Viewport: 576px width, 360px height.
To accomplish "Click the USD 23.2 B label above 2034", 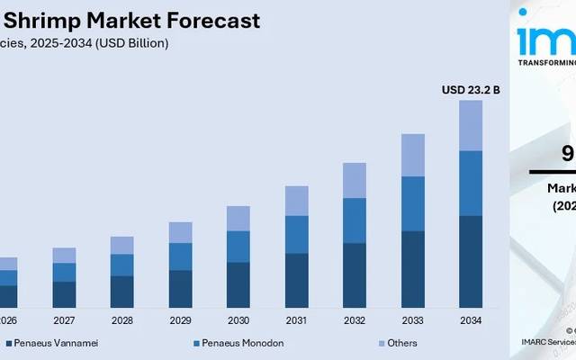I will click(x=470, y=90).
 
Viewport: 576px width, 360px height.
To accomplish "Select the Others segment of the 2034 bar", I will click(x=471, y=125).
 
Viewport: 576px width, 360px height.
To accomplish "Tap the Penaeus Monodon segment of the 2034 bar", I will click(x=471, y=184).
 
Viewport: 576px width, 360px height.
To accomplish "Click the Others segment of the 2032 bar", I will click(x=355, y=180).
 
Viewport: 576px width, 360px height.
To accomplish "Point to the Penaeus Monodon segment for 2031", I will click(x=297, y=234).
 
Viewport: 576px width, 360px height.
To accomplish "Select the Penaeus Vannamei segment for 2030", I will click(x=238, y=285).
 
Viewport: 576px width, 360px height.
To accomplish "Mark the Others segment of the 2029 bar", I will click(x=181, y=232).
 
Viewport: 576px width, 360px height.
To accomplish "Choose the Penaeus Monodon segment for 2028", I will click(x=122, y=265).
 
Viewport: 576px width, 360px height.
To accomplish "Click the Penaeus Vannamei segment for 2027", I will click(x=64, y=295).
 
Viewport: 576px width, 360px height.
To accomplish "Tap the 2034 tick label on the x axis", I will click(x=471, y=321).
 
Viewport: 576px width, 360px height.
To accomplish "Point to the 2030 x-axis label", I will click(x=238, y=321).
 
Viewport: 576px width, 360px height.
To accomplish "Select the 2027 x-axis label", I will click(x=64, y=321).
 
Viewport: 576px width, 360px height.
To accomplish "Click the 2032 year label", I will click(x=355, y=321).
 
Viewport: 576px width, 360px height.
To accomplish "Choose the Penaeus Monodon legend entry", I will click(x=237, y=343).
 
